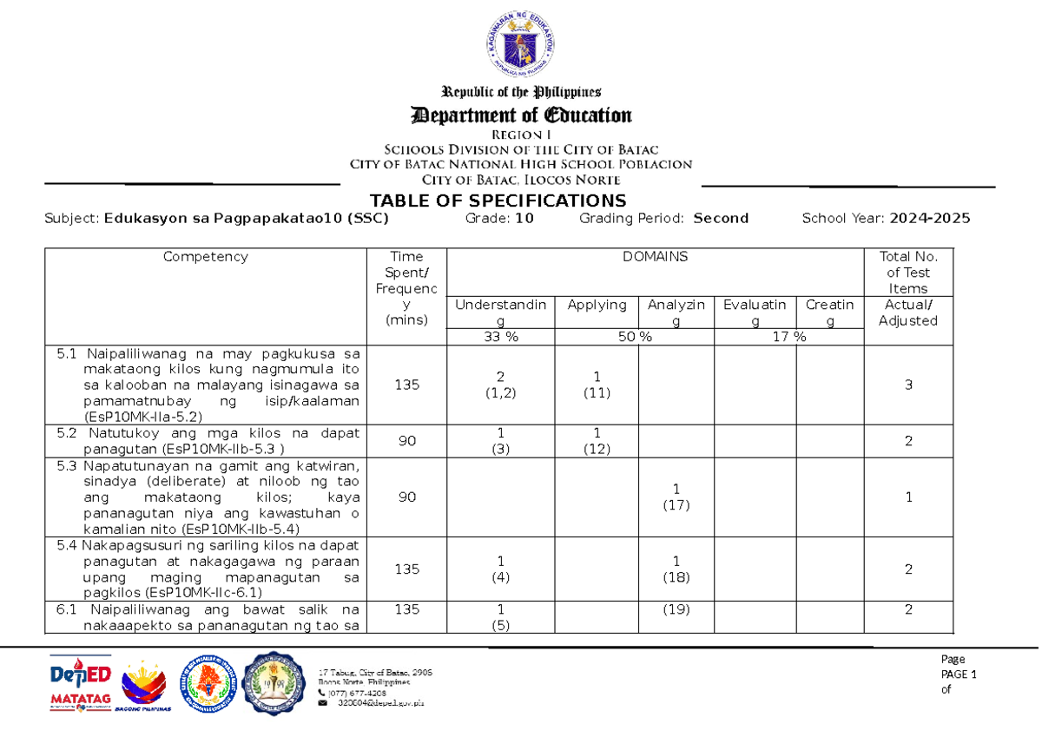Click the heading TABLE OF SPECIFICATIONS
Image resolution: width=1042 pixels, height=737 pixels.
tap(498, 201)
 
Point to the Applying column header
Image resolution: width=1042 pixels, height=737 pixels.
tap(597, 305)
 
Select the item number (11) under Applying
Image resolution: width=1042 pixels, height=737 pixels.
tap(597, 392)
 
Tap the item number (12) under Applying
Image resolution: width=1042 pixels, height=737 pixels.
tap(597, 449)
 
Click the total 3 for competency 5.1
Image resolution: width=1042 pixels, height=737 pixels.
tap(908, 385)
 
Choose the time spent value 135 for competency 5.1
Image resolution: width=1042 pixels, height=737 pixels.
tap(406, 385)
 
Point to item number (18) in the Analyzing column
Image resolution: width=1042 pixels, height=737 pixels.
tap(676, 577)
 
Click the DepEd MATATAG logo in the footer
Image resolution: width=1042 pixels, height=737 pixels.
tap(80, 686)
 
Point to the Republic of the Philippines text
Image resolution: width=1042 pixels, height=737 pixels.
tap(521, 92)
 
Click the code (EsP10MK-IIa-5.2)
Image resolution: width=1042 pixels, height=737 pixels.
tap(139, 417)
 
